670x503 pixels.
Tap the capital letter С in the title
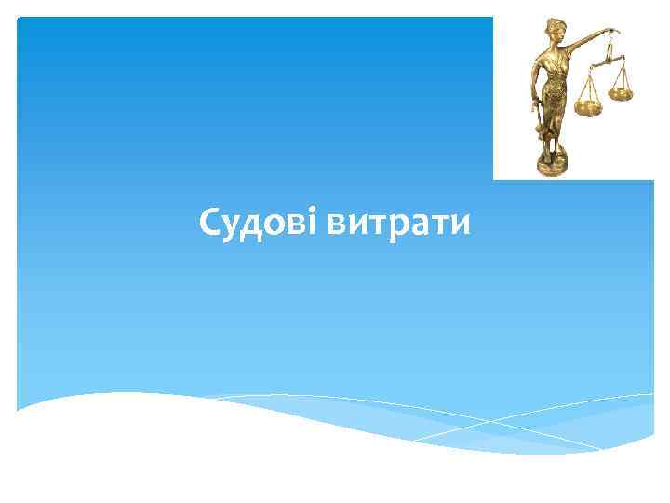click(x=210, y=224)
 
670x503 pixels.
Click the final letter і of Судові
click(x=316, y=223)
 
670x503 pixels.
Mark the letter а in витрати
click(x=422, y=225)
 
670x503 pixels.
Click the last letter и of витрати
click(x=462, y=225)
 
